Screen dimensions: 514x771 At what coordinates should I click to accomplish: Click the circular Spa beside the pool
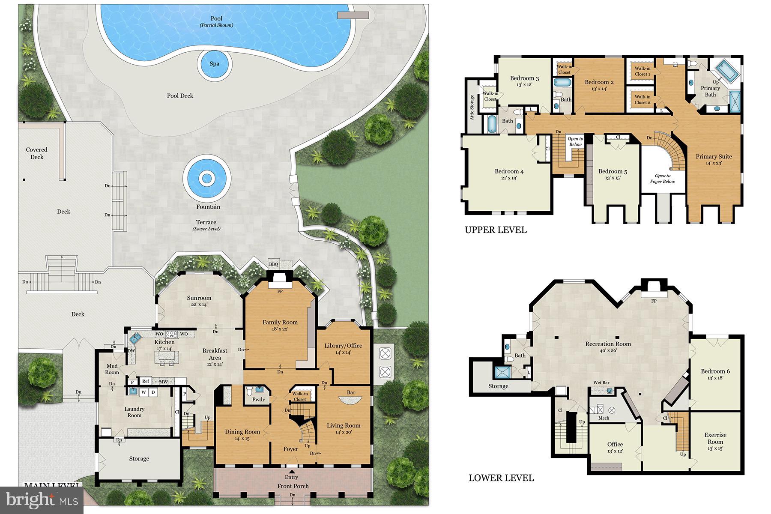click(214, 64)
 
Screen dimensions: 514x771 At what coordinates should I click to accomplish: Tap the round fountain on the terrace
click(207, 177)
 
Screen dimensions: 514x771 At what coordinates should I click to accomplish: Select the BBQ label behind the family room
click(273, 264)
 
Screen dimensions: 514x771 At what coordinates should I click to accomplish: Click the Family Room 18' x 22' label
click(280, 325)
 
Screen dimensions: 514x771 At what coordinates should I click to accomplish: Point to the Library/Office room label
click(343, 349)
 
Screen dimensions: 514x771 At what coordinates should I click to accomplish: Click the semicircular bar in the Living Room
click(350, 400)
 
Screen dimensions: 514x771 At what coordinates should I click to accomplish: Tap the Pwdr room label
click(258, 400)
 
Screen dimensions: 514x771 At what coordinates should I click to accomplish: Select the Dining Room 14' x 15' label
click(242, 435)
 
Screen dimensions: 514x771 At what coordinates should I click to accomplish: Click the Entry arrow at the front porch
click(291, 472)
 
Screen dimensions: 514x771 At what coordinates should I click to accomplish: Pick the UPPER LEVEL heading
click(496, 230)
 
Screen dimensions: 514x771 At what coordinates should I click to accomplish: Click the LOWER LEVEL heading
click(501, 478)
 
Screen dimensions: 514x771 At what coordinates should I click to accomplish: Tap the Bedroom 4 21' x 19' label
click(509, 174)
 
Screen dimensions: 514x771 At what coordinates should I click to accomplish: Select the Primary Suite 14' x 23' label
click(713, 159)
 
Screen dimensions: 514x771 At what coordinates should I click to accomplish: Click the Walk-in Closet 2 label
click(642, 99)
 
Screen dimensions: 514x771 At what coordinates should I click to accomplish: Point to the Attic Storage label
click(472, 107)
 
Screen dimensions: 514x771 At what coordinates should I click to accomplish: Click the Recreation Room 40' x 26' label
click(608, 347)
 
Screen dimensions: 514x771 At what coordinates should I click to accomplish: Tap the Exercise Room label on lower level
click(715, 438)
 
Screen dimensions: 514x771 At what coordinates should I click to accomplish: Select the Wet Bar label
click(601, 383)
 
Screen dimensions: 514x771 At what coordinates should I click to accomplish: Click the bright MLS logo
click(42, 500)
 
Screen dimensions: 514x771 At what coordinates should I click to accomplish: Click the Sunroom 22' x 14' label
click(199, 301)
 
